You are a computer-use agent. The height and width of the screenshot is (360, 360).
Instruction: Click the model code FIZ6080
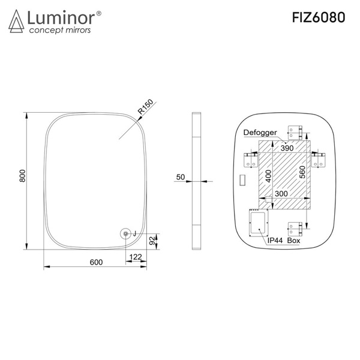(319, 17)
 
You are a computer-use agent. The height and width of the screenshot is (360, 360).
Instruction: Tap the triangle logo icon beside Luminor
(16, 21)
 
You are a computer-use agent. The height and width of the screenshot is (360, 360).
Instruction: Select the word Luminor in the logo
(61, 17)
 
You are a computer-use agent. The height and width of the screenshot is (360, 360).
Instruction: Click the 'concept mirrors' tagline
(60, 30)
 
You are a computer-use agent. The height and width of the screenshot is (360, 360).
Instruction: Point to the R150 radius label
(145, 107)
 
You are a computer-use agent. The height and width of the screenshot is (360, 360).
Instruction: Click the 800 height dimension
(23, 176)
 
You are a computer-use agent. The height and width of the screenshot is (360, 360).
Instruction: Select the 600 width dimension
(96, 262)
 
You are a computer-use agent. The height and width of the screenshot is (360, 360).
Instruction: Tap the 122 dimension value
(136, 257)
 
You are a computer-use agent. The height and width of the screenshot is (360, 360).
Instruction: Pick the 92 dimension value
(152, 241)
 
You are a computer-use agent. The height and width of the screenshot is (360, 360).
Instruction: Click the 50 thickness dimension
(181, 177)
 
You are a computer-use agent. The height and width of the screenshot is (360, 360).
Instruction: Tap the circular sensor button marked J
(125, 234)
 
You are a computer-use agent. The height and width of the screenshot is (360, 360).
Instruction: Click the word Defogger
(260, 133)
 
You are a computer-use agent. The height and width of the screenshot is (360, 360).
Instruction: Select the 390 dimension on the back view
(287, 148)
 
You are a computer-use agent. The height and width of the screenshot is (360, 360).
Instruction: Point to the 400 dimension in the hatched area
(268, 176)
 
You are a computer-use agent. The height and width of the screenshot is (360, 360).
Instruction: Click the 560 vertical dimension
(302, 172)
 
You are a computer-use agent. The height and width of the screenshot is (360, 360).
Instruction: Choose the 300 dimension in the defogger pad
(281, 194)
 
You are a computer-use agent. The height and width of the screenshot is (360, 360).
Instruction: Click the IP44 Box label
(284, 241)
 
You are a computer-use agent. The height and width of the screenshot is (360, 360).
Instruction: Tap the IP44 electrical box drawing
(259, 223)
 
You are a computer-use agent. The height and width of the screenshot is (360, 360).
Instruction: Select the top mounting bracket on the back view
(295, 133)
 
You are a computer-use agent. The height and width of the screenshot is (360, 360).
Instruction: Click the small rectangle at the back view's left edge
(242, 180)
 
